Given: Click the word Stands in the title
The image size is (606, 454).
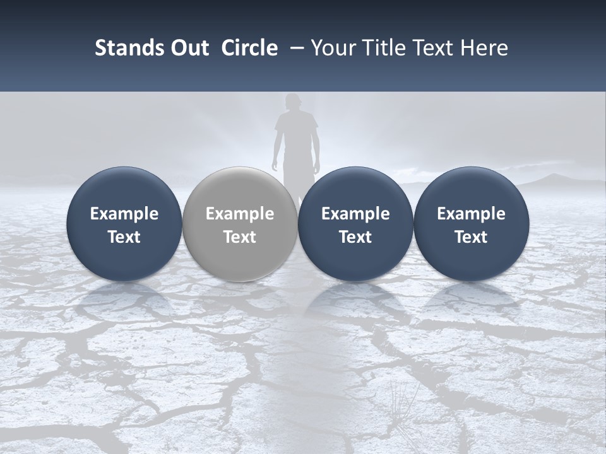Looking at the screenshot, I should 123,48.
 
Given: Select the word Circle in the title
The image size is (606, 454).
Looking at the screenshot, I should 249,48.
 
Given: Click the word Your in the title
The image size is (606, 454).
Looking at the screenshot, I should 331,48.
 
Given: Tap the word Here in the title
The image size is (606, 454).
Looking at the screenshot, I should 484,48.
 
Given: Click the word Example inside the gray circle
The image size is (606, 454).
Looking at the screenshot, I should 240,214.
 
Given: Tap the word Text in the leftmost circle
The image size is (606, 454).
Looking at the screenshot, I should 124,237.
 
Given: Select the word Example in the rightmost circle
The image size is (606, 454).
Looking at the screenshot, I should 471,214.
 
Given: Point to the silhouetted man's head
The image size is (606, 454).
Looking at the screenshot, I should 292,102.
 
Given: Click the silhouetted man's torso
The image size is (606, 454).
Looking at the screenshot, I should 295,136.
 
